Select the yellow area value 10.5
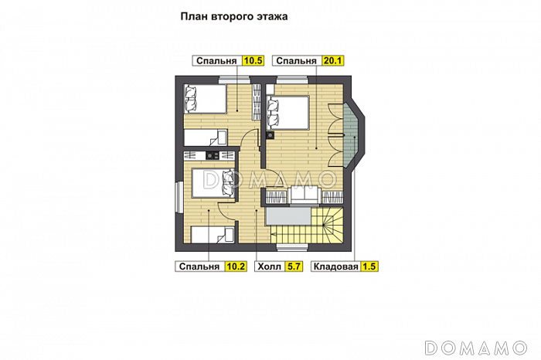tap(253, 61)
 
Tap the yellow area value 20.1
tap(333, 61)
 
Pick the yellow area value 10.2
tap(236, 267)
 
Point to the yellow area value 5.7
tap(294, 267)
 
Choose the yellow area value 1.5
tap(369, 267)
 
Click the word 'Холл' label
tap(270, 267)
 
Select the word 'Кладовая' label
tap(335, 267)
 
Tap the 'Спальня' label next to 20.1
tap(296, 61)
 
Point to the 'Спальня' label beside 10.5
tap(216, 61)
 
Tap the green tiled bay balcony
tap(352, 136)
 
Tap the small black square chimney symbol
tap(270, 136)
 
